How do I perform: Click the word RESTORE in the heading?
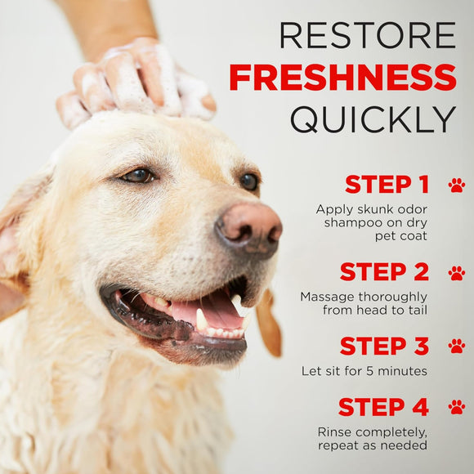click(367, 35)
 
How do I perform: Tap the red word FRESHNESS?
click(342, 77)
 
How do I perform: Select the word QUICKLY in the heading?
click(373, 119)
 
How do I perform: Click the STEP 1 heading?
click(387, 184)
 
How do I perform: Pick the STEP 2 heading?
click(384, 271)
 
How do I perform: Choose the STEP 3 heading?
click(384, 346)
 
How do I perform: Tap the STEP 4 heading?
click(383, 406)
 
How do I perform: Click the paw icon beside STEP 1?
click(456, 185)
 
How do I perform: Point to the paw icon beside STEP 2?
click(456, 272)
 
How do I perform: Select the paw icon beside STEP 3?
click(456, 347)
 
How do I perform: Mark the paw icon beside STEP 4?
click(456, 407)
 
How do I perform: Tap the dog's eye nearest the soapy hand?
click(137, 175)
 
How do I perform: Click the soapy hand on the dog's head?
click(139, 82)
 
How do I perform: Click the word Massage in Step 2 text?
click(325, 297)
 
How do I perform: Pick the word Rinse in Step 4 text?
click(337, 432)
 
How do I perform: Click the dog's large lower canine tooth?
click(201, 320)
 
